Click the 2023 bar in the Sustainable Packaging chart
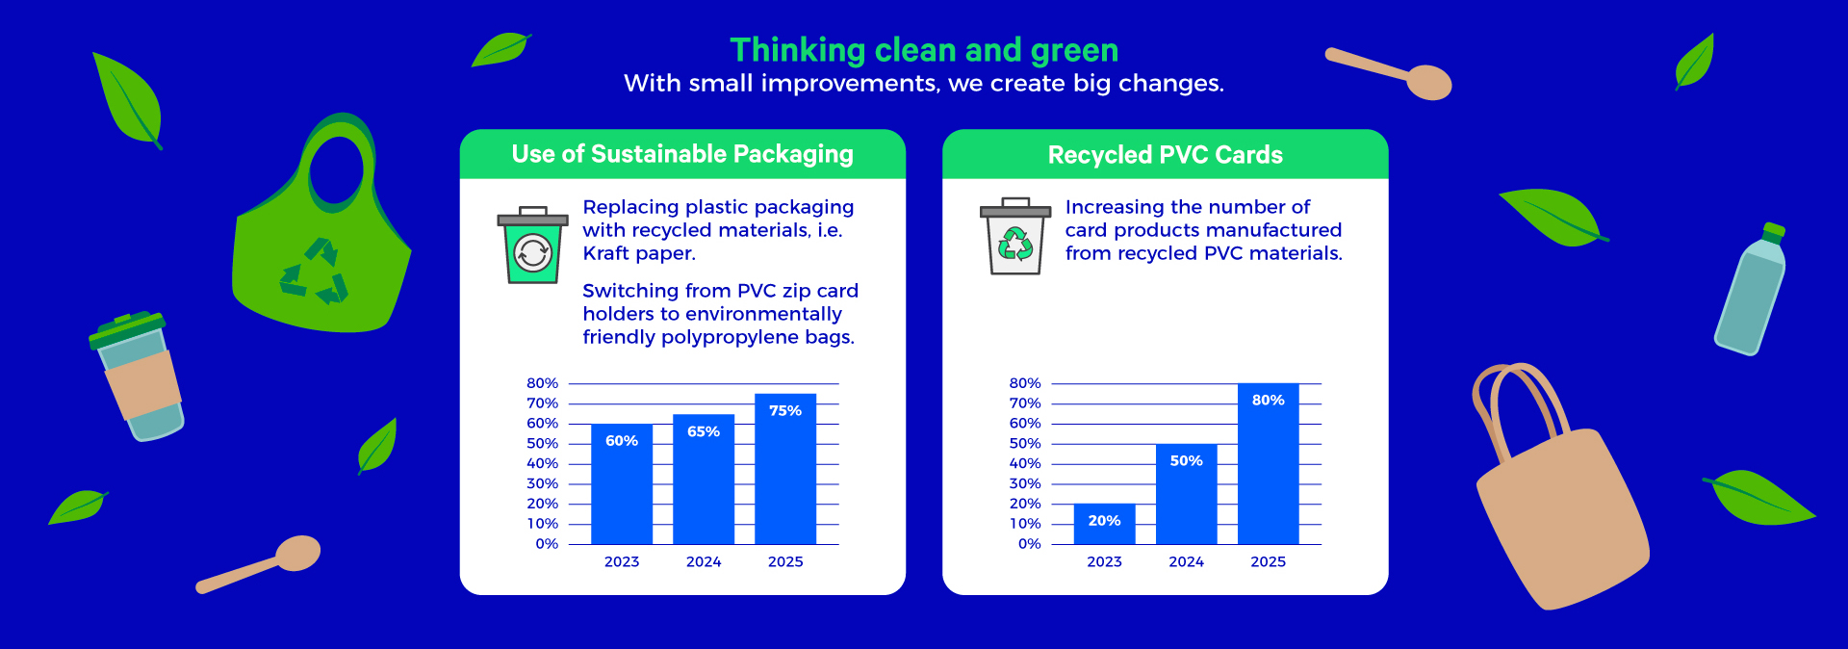[x=622, y=484]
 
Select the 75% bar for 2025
[x=785, y=469]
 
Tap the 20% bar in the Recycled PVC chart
[x=1104, y=524]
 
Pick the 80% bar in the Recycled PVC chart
[x=1269, y=464]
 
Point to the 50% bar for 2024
[x=1187, y=494]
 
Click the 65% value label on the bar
[x=704, y=431]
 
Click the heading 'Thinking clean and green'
[x=924, y=50]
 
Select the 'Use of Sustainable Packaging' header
[x=682, y=154]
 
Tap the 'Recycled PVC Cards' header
[x=1166, y=155]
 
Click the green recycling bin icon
[x=532, y=246]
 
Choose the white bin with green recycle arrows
[x=1015, y=237]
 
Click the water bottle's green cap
[x=1773, y=232]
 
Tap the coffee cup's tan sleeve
[x=142, y=382]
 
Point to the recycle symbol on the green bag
[x=314, y=271]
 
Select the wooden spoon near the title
[x=1389, y=73]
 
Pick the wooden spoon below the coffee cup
[x=259, y=564]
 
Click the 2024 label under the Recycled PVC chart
[x=1187, y=561]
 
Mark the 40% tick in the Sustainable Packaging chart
[x=542, y=463]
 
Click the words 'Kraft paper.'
[x=639, y=253]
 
